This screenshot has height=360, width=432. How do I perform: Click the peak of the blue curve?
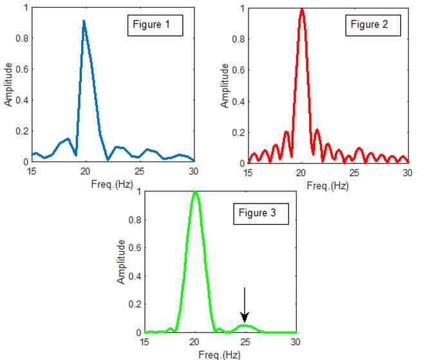[x=84, y=21]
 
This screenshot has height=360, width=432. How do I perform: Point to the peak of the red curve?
[x=301, y=9]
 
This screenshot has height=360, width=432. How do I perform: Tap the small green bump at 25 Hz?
[x=245, y=326]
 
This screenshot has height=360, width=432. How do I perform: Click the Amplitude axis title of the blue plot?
[x=8, y=84]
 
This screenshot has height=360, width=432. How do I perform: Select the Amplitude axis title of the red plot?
[x=225, y=84]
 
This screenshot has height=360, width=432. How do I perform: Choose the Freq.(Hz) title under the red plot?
[x=327, y=185]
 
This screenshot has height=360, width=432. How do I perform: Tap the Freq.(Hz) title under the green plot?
[x=220, y=354]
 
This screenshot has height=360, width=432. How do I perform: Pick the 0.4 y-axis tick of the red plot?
[x=239, y=101]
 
